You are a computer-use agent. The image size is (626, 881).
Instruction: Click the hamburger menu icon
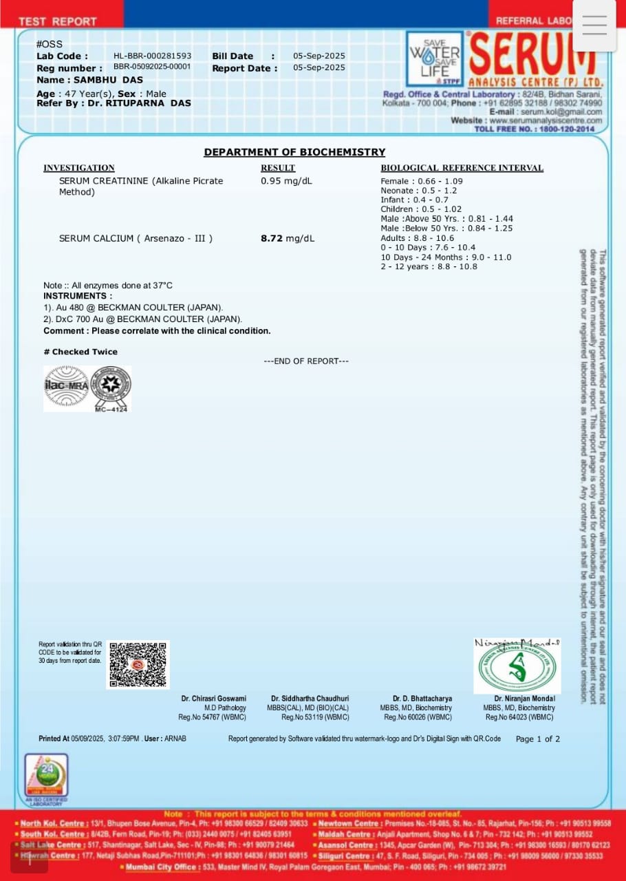point(594,25)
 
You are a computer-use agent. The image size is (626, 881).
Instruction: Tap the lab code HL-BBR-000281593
point(153,56)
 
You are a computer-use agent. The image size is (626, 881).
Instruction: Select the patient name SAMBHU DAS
point(109,80)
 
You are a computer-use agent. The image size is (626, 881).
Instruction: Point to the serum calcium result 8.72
point(272,238)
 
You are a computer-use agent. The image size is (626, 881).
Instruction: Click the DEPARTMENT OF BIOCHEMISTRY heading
point(294,152)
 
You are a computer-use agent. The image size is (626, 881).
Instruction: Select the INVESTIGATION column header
point(79,168)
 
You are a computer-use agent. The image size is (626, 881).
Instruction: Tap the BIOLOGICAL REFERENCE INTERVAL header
point(462,168)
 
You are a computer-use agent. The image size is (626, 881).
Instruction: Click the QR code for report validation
point(138,665)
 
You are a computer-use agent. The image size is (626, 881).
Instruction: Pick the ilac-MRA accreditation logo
point(66,386)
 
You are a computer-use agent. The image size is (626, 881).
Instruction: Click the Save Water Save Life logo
point(435,59)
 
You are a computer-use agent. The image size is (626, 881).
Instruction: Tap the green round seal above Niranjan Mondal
point(517,668)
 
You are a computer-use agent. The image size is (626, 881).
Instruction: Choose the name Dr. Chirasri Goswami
point(214,699)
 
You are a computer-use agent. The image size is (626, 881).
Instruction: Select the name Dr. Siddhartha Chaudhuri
point(310,699)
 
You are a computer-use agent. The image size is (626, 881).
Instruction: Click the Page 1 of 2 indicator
point(538,739)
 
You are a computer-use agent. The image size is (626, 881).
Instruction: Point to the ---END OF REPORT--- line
point(306,361)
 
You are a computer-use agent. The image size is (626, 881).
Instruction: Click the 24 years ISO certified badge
point(46,776)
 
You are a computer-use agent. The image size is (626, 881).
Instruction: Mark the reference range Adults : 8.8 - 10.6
point(418,238)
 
